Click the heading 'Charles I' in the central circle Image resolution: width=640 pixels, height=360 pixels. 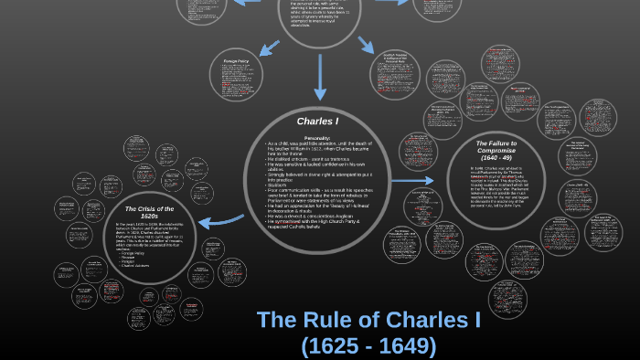click(x=318, y=121)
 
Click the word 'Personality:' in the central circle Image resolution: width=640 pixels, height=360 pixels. click(x=318, y=138)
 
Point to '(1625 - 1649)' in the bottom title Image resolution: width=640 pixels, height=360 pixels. click(x=369, y=346)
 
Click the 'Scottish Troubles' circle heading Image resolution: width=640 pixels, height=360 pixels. click(x=395, y=59)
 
